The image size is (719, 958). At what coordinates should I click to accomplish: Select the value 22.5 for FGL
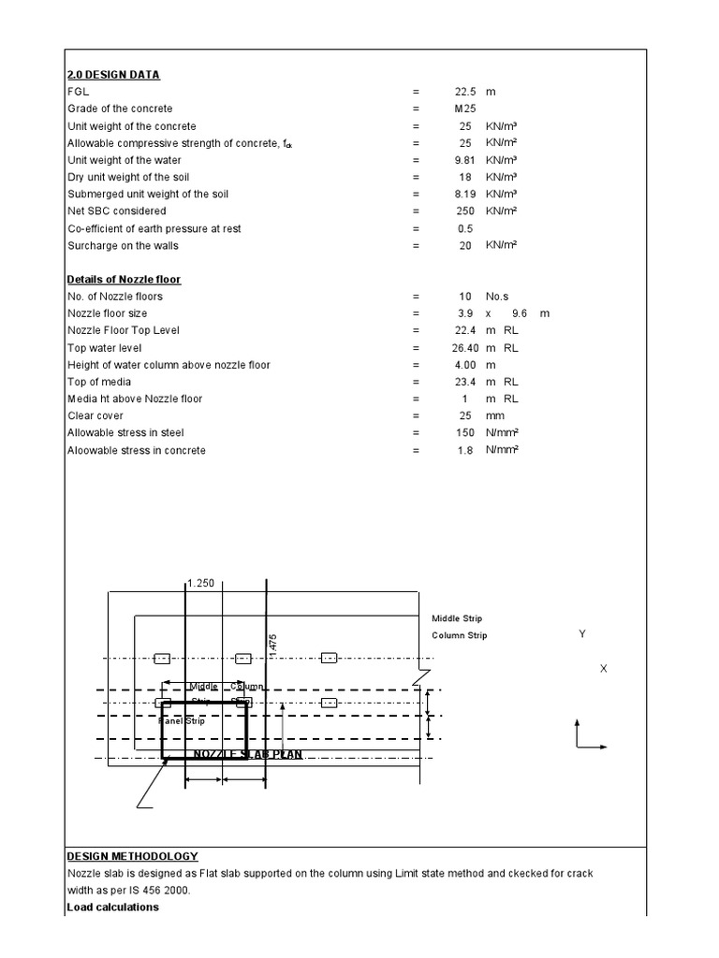pos(465,92)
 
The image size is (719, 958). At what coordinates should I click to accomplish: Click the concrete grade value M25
pos(464,109)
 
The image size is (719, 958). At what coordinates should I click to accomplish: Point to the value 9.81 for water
pos(464,160)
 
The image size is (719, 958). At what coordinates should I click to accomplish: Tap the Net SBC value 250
pos(464,211)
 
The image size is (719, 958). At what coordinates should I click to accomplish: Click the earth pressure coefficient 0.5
pos(464,228)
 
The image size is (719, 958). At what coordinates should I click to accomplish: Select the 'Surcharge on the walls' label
pos(123,246)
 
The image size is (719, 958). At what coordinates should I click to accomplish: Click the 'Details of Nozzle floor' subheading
pos(124,280)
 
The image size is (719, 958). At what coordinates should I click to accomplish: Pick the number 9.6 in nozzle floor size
pos(521,313)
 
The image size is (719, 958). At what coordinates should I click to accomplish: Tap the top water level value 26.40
pos(464,348)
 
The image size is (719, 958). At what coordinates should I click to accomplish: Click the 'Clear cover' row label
pos(95,415)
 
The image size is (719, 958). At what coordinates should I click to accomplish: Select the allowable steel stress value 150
pos(464,433)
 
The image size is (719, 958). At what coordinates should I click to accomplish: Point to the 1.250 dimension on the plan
pos(201,583)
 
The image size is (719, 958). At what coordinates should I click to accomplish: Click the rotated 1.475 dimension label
pos(273,646)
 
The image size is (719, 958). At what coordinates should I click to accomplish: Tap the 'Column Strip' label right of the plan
pos(459,636)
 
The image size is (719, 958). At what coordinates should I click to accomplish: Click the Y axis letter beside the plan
pos(582,634)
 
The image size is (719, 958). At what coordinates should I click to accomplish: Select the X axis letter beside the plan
pos(604,669)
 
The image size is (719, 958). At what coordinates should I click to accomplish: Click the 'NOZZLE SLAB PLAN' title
pos(248,754)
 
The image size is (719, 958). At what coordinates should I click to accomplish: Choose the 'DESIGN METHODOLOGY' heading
pos(132,856)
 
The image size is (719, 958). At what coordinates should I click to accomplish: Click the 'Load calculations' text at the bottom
pos(112,907)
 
